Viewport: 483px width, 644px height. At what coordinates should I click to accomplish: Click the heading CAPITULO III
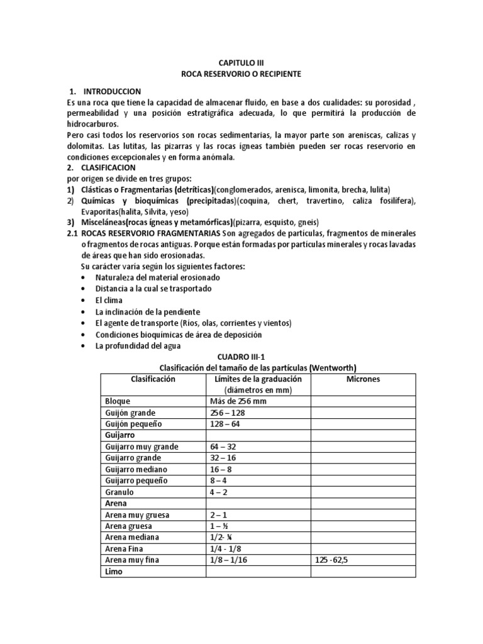pyautogui.click(x=241, y=64)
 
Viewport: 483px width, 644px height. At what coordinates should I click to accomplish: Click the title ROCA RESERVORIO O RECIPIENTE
pyautogui.click(x=241, y=74)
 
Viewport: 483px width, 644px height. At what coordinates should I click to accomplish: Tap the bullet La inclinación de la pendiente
pyautogui.click(x=147, y=311)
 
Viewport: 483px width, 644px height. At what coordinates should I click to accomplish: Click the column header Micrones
pyautogui.click(x=363, y=379)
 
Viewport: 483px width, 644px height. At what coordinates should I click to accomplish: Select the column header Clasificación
pyautogui.click(x=153, y=379)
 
